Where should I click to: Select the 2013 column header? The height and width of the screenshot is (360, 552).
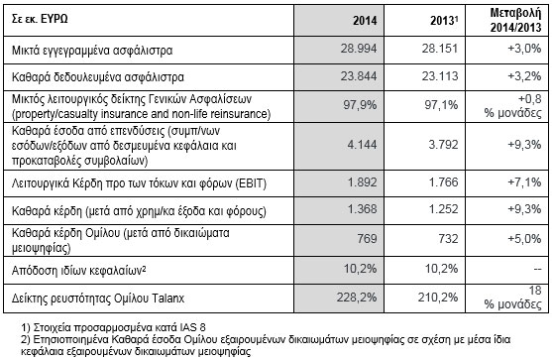tap(443, 20)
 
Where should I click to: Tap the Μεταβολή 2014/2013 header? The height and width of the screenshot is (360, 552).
tap(510, 20)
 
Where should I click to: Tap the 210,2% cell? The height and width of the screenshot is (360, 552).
tap(443, 294)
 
